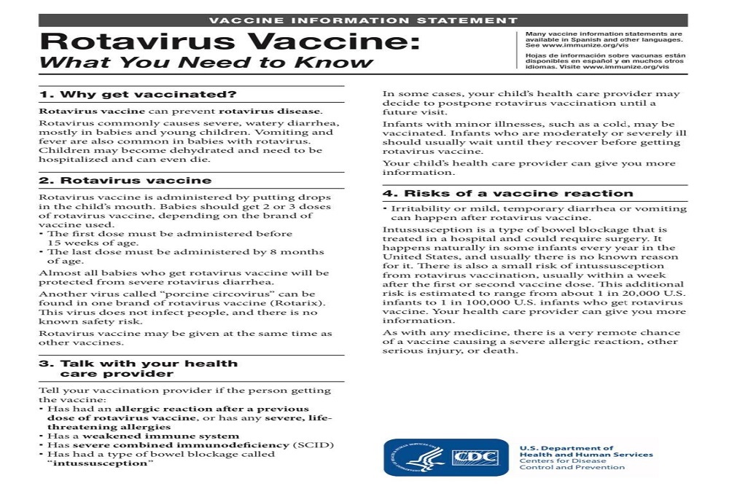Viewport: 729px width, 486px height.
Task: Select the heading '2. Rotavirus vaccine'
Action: click(125, 180)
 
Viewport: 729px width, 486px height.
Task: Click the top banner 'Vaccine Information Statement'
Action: click(363, 20)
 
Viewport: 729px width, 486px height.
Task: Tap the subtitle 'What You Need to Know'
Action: click(206, 62)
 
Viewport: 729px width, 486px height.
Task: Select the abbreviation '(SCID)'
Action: click(313, 444)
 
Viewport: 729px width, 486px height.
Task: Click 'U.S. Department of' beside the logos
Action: click(566, 448)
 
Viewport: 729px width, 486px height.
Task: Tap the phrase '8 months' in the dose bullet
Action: click(302, 252)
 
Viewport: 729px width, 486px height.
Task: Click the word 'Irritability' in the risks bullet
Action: click(419, 208)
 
